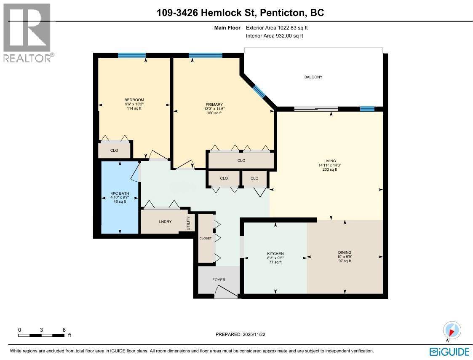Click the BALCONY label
[313, 77]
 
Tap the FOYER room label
[219, 280]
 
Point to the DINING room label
[345, 253]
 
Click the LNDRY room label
[166, 221]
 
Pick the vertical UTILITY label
[189, 223]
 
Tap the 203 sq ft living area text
[330, 169]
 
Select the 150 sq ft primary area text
[214, 113]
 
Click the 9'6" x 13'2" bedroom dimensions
[134, 104]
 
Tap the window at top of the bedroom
[132, 55]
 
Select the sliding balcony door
[316, 109]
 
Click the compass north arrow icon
[452, 330]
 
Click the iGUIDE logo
[449, 352]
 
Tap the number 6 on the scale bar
[64, 330]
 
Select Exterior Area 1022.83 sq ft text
[280, 28]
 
